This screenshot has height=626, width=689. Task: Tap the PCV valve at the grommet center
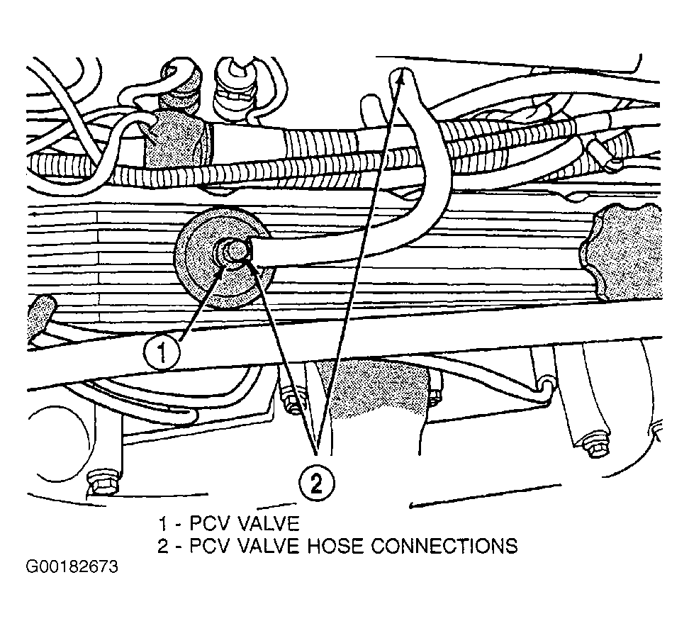point(232,252)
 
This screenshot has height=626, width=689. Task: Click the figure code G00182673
point(72,568)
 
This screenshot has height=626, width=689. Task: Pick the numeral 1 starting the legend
point(163,525)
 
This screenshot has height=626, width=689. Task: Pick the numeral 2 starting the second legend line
point(164,546)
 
